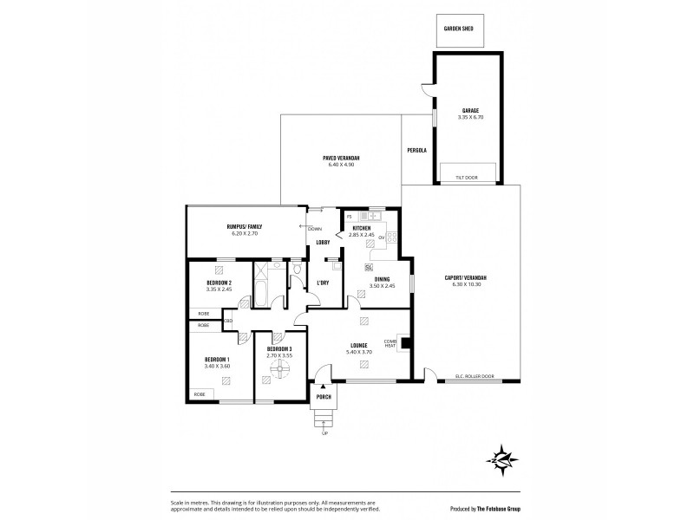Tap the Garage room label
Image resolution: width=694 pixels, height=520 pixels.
pos(470,111)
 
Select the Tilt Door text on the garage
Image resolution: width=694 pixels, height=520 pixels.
pos(466,178)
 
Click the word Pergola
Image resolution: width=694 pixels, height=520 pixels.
pos(417,150)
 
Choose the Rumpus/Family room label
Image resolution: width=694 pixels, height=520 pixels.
pos(246,227)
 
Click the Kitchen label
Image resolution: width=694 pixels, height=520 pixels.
pos(361,228)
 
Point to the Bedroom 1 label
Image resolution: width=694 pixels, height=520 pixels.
pos(216,360)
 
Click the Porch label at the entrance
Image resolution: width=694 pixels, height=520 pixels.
pos(324,396)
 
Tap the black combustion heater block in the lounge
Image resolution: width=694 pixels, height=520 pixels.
pos(403,341)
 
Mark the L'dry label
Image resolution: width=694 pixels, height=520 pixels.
pos(323,283)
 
